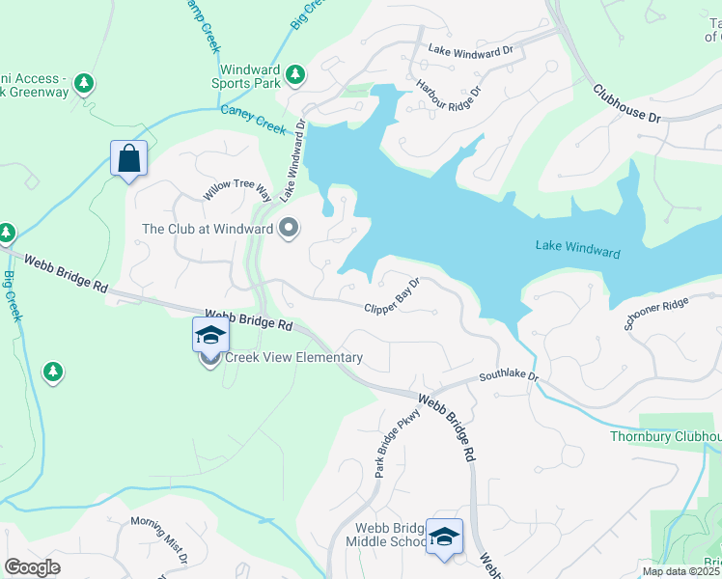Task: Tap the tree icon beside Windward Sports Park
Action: point(296,74)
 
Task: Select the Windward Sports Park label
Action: point(249,77)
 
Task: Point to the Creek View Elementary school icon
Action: point(210,336)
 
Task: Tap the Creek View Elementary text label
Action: point(293,358)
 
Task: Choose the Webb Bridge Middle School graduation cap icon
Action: point(444,536)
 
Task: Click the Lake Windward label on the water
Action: point(577,250)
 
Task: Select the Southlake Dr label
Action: point(508,374)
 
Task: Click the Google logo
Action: point(33,566)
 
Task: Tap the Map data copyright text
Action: point(680,571)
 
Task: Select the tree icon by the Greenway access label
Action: point(85,84)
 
